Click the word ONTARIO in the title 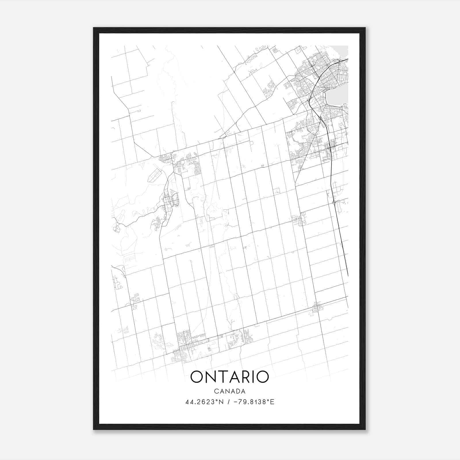click(x=230, y=377)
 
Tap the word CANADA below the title click(x=230, y=391)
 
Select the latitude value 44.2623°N click(x=204, y=402)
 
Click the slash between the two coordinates click(x=228, y=402)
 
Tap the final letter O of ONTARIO click(x=262, y=377)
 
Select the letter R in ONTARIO click(x=245, y=377)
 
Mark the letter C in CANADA click(x=216, y=391)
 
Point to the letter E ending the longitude click(x=272, y=402)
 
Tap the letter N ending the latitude click(x=221, y=402)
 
